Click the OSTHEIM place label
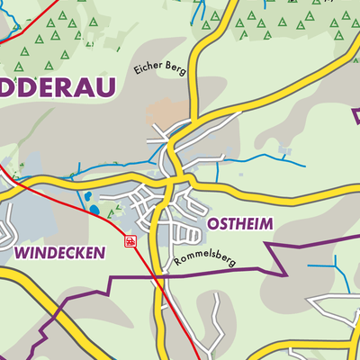[238, 222]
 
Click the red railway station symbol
[130, 241]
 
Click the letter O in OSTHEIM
[213, 222]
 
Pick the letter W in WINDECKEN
[22, 253]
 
